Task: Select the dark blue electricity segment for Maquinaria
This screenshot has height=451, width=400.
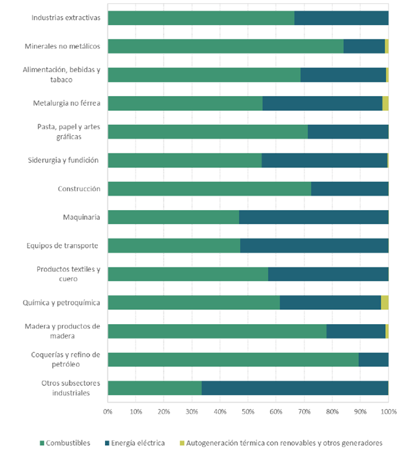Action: tap(314, 217)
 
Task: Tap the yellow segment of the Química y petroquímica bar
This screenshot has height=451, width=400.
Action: tap(385, 303)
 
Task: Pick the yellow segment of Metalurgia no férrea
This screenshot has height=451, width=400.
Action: tap(385, 103)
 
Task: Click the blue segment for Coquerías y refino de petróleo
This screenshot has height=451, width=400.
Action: tap(374, 360)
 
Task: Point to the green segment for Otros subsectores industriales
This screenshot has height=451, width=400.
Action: tap(155, 388)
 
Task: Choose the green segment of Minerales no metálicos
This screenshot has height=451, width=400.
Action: tap(225, 46)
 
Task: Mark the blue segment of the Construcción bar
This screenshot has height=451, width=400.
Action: tap(350, 189)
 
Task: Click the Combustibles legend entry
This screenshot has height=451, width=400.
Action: tap(65, 443)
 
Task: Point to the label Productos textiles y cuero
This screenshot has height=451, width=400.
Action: tap(68, 274)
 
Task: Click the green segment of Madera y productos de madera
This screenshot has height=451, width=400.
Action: tap(217, 331)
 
